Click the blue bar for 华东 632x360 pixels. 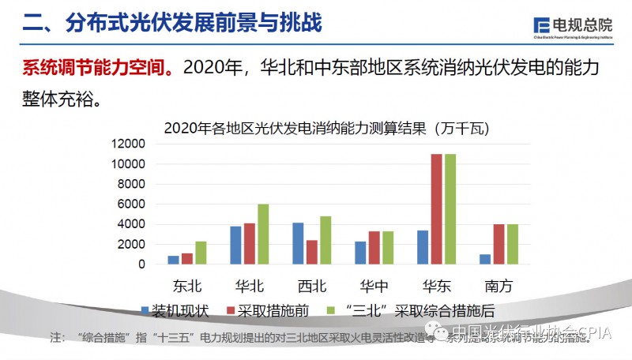(423, 247)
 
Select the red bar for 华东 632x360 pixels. (436, 209)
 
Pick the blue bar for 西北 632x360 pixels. (298, 243)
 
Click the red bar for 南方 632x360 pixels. (498, 244)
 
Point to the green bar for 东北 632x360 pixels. (201, 253)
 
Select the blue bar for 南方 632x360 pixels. (484, 259)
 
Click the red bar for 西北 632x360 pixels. (311, 252)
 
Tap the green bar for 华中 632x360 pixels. (387, 248)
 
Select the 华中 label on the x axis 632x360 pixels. (374, 283)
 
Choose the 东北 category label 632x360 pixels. (187, 283)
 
